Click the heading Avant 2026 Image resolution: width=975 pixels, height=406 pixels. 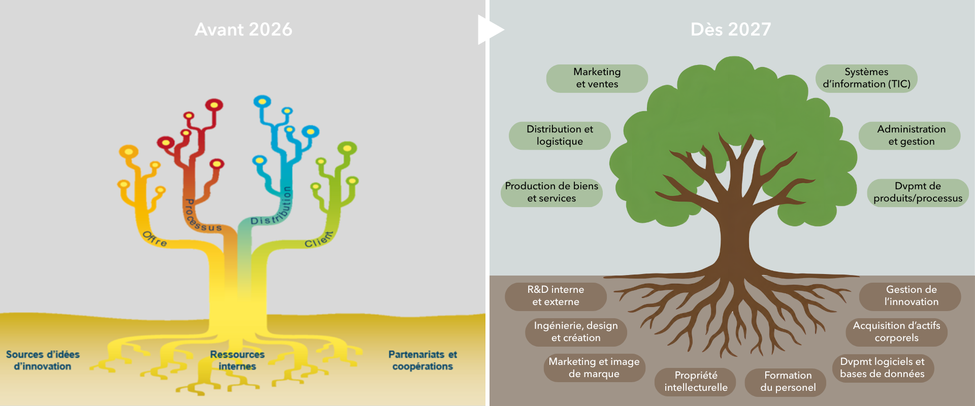click(243, 29)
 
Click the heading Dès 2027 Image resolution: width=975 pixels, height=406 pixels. click(731, 29)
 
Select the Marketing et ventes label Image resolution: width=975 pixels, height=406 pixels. click(597, 78)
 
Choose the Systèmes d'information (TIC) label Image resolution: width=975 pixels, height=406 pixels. click(866, 78)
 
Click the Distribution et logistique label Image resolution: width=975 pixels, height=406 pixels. click(560, 136)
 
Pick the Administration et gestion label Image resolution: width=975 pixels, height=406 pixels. click(909, 136)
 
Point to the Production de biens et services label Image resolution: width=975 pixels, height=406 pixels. click(551, 192)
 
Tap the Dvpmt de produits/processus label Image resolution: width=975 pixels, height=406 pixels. click(918, 192)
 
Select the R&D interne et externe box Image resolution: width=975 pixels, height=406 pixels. click(556, 296)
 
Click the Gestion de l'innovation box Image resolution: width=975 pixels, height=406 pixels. click(910, 296)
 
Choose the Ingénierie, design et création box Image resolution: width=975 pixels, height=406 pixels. click(576, 332)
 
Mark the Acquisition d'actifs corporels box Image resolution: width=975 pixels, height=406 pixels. click(896, 332)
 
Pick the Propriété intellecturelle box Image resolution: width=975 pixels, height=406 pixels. click(696, 382)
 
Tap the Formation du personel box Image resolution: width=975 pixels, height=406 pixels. click(786, 382)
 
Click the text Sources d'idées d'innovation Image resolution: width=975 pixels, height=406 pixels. click(43, 360)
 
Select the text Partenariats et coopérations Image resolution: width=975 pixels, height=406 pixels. click(422, 360)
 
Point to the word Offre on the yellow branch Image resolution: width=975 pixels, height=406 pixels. click(154, 239)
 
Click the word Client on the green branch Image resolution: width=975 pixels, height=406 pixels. click(319, 240)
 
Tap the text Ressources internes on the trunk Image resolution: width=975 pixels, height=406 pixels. click(237, 360)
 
